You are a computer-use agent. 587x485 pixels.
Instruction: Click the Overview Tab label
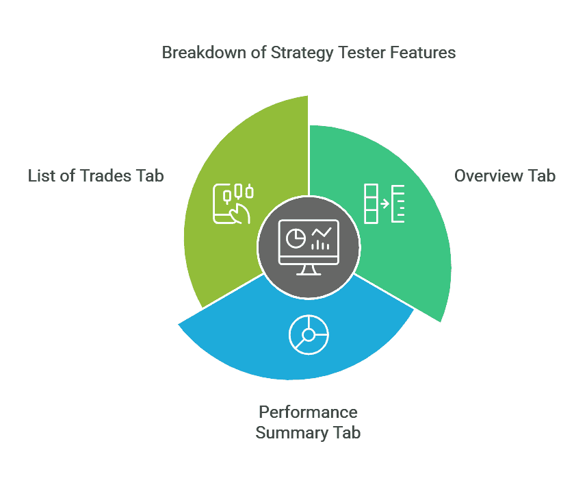505,175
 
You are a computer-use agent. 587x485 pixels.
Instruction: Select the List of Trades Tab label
96,175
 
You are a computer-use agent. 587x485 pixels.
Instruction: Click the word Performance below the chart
308,412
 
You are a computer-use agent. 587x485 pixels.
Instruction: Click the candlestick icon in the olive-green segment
233,203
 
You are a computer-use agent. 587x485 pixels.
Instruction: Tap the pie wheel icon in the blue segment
309,334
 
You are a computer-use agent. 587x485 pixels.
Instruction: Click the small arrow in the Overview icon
385,203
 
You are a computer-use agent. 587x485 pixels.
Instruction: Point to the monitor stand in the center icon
308,269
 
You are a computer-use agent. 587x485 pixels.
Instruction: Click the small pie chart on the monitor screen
296,238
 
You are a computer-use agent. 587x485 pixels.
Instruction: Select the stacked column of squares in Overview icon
371,203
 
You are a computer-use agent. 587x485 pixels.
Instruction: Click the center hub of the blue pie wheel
309,334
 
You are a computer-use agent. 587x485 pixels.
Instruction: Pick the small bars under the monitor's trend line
321,245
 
